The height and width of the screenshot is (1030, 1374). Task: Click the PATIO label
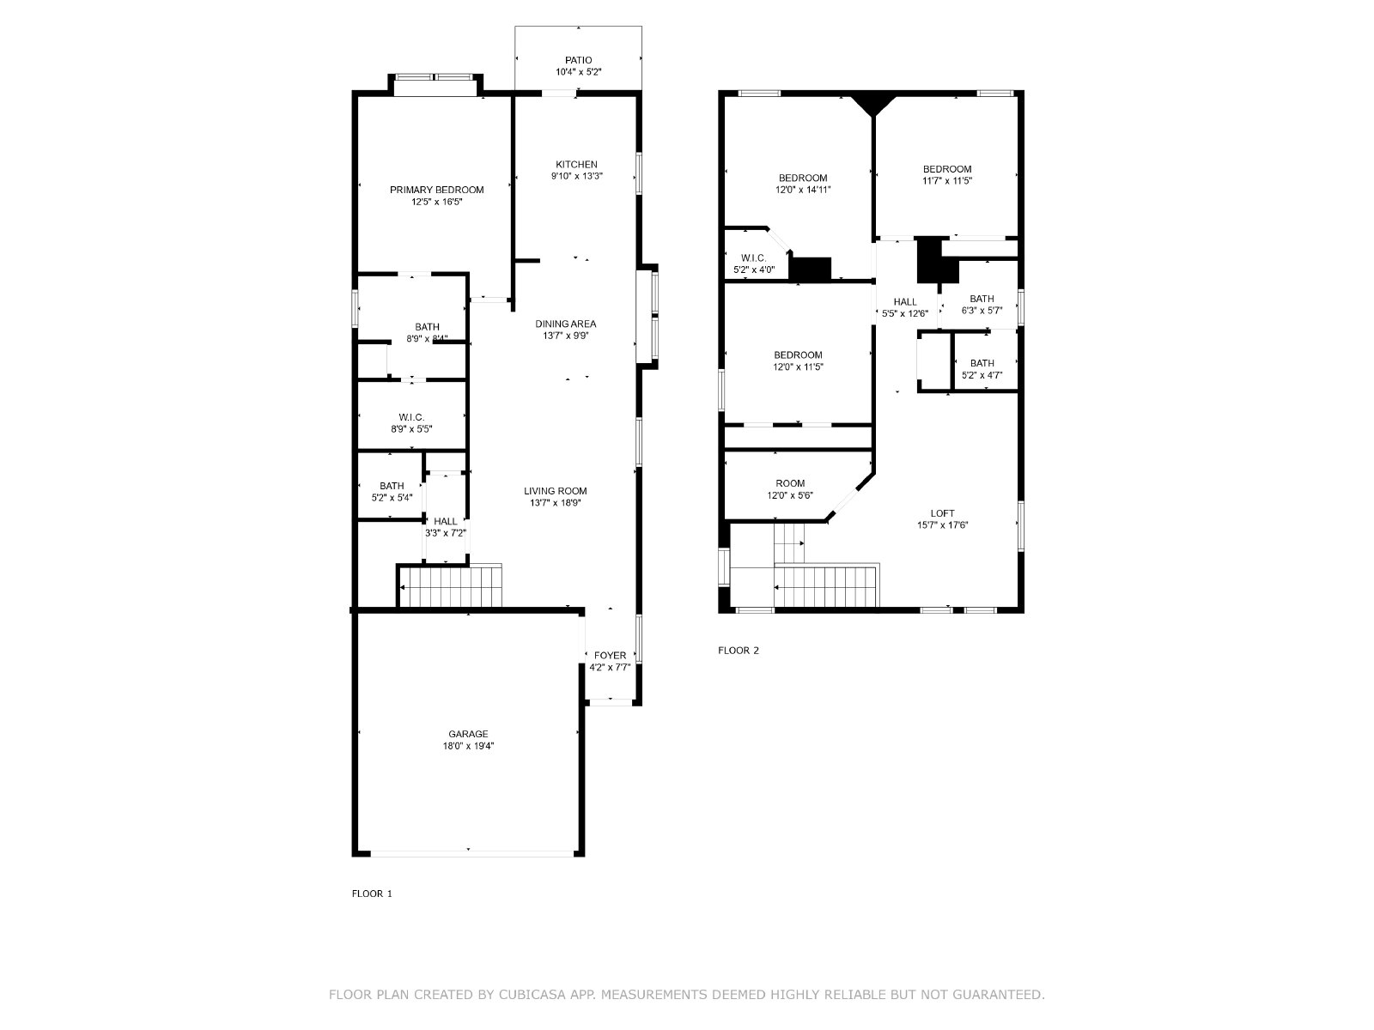(578, 60)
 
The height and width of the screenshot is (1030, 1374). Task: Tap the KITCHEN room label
(576, 165)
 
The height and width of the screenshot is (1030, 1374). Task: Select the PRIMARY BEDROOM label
(437, 190)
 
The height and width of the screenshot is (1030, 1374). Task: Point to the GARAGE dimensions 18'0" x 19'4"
(468, 746)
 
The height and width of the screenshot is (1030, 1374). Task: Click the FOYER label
(610, 656)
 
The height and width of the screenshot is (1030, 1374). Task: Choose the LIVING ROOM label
(556, 491)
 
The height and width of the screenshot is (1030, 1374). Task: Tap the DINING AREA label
(565, 324)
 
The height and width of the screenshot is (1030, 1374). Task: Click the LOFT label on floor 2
(942, 513)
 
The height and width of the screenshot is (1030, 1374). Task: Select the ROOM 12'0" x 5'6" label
(790, 489)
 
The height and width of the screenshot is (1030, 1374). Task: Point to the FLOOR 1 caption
(372, 894)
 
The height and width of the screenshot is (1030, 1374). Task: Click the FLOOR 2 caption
(738, 651)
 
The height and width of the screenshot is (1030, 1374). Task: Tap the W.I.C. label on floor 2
(754, 258)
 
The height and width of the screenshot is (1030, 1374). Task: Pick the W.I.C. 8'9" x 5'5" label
(411, 423)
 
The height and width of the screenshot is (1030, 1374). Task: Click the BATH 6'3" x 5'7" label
(982, 305)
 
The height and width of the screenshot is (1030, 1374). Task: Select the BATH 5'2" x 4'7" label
(982, 369)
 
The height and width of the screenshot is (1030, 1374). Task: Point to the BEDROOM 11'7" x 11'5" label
(947, 174)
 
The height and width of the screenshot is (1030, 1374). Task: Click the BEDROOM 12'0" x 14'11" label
(803, 183)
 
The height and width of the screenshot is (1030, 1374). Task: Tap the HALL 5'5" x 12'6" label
(905, 307)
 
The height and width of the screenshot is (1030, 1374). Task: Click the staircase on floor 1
(451, 586)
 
